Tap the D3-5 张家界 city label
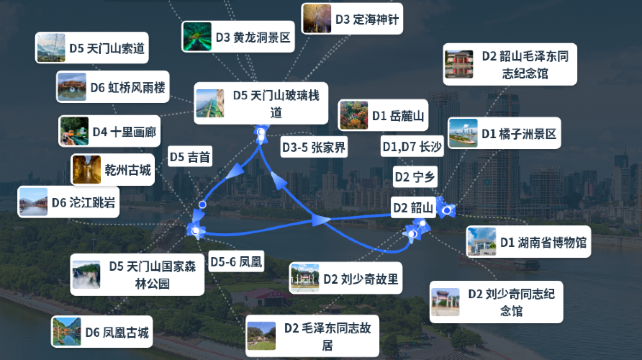(x=313, y=148)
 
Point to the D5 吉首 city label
(x=190, y=157)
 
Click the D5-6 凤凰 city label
(x=236, y=262)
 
